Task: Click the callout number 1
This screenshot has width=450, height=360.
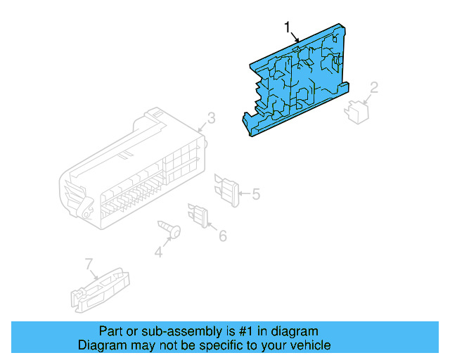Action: point(287,27)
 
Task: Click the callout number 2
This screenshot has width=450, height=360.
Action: point(374,87)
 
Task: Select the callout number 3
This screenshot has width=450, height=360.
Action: point(211,117)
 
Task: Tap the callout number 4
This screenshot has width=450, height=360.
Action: point(158,251)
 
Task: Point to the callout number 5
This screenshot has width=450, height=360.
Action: point(256,193)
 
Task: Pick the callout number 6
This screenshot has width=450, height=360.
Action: point(222,236)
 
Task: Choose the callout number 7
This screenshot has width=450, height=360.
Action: point(89,264)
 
